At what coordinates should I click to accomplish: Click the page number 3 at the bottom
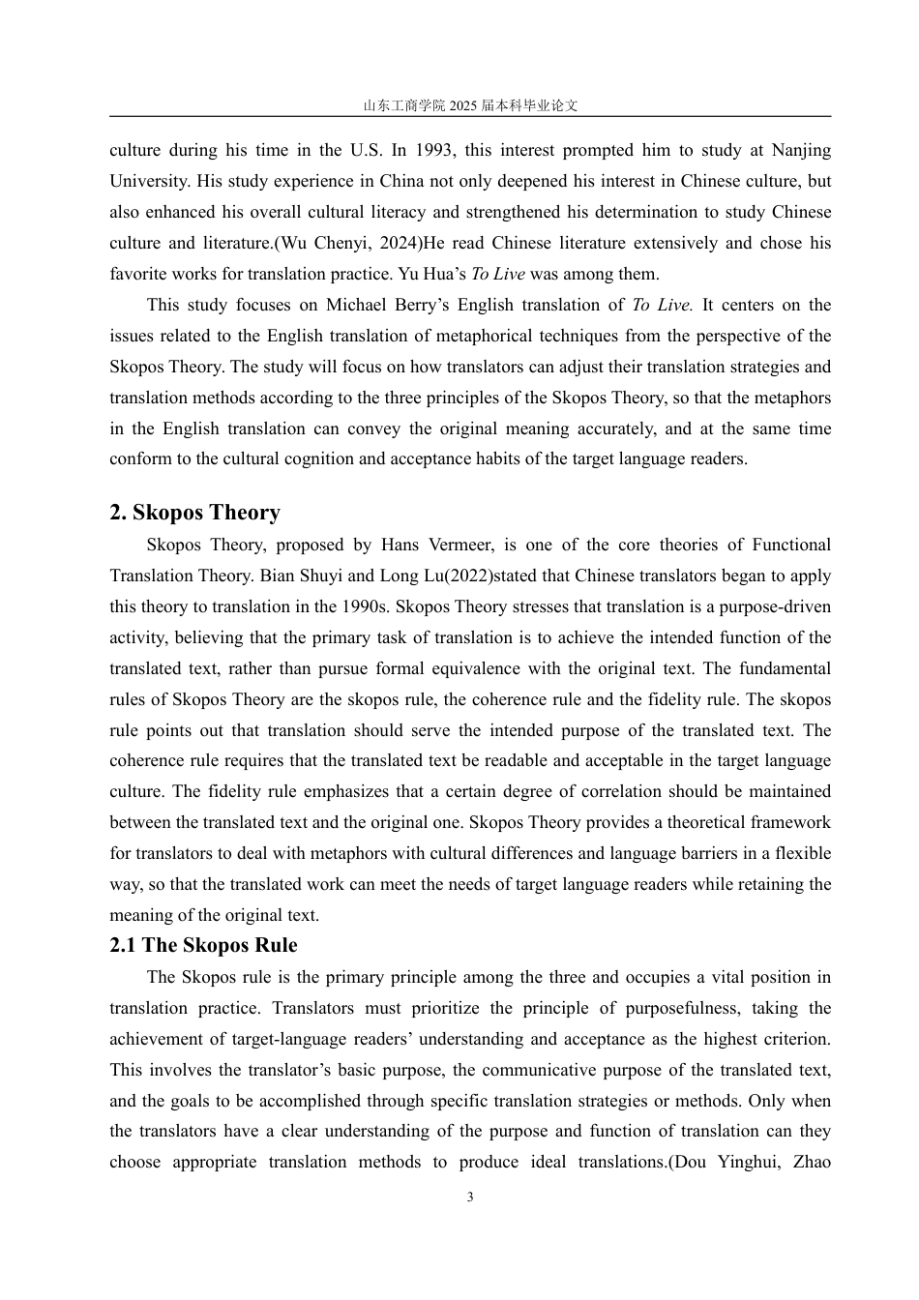(470, 1197)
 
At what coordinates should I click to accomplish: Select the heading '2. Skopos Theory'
(194, 513)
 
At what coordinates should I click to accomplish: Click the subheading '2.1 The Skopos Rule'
(203, 945)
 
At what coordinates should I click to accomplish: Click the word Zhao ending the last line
(811, 1162)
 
